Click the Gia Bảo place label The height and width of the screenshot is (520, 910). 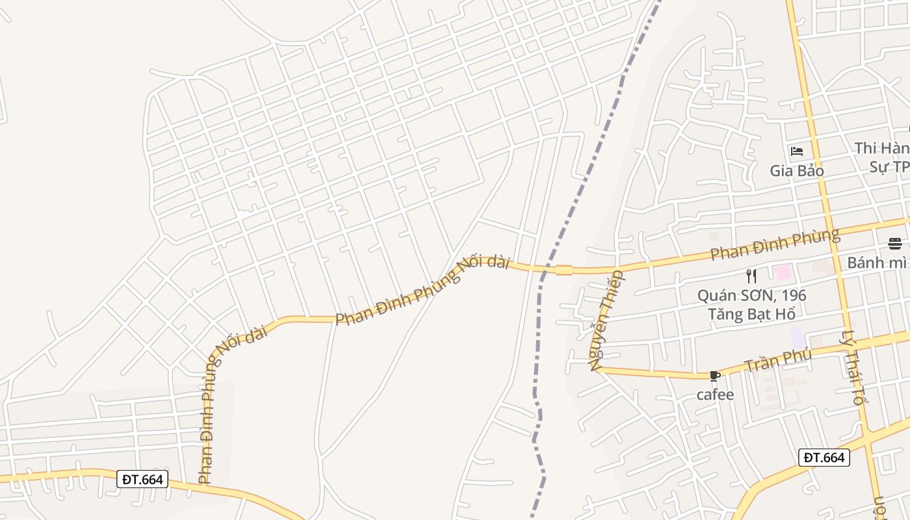797,171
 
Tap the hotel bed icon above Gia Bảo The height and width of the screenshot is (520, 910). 797,152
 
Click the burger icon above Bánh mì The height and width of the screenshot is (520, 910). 895,244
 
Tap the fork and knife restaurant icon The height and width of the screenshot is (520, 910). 751,276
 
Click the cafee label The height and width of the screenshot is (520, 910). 715,395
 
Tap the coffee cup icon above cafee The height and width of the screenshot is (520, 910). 715,376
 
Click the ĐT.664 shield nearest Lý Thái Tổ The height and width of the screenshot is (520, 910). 824,458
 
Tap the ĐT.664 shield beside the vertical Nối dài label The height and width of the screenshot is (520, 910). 143,480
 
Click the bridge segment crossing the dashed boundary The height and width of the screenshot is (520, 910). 564,270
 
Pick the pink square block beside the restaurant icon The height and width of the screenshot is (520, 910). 782,272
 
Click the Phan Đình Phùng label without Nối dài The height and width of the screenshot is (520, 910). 774,244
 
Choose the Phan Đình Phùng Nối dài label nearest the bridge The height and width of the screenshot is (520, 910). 421,290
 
